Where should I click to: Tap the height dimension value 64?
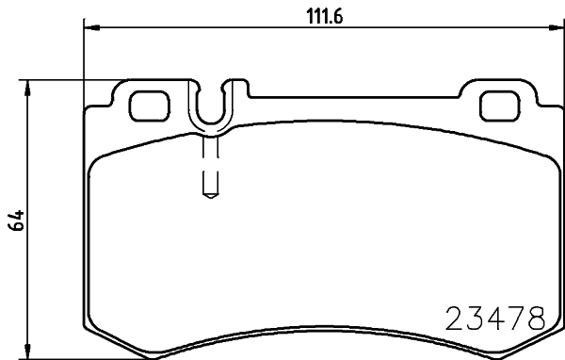coord(16,222)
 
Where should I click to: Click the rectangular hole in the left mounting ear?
coord(146,105)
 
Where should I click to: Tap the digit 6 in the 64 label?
coord(16,228)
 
